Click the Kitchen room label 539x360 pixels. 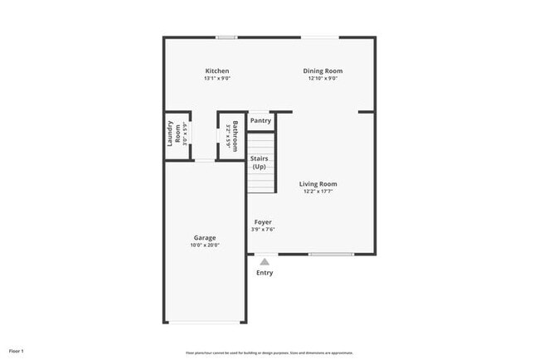coord(216,71)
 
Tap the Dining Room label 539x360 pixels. coord(323,71)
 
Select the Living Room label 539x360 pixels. coord(319,184)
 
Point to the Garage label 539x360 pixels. coord(204,238)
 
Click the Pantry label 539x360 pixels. coord(260,121)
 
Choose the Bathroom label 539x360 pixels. coord(236,133)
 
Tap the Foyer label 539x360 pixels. coord(263,222)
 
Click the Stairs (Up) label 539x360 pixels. coord(259,163)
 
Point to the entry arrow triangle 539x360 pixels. coord(265,261)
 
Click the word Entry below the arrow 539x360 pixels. coord(265,273)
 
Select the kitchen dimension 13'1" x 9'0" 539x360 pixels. coord(216,79)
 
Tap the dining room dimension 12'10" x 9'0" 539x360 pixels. coord(323,79)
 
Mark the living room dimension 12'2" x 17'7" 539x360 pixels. coord(319,192)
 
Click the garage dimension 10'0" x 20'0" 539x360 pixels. coord(204,246)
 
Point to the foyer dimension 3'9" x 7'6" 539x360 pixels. coord(263,230)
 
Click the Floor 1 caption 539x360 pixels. coord(17,351)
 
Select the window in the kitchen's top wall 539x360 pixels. coord(226,36)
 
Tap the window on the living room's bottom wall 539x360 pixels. coord(331,254)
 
